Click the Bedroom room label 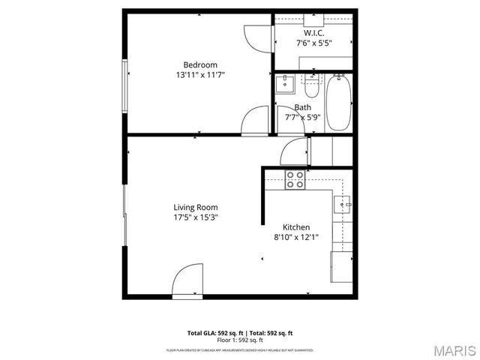(x=200, y=64)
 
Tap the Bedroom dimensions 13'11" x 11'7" (x=200, y=75)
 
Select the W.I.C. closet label (x=313, y=34)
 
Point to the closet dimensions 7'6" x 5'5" (x=313, y=43)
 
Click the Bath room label (x=302, y=107)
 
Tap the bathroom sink (x=284, y=84)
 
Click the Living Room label (x=196, y=207)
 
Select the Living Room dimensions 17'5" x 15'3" (x=196, y=217)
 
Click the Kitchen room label (x=296, y=227)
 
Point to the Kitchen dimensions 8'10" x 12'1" (x=296, y=238)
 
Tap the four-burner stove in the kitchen (x=295, y=179)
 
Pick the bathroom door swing (x=289, y=118)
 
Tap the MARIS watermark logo (x=453, y=349)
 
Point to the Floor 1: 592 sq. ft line (x=240, y=340)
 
